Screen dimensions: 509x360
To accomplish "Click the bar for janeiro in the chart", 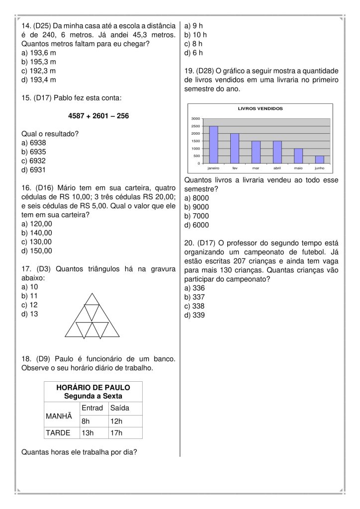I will (213, 145).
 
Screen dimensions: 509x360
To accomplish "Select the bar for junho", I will (319, 160).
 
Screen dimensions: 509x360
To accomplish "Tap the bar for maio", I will (298, 156).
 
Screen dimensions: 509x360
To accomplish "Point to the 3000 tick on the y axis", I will (195, 119).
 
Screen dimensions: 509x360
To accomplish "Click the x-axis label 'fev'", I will (235, 169).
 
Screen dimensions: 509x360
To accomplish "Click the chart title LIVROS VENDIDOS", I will (260, 108).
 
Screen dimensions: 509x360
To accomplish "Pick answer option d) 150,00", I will (37, 251).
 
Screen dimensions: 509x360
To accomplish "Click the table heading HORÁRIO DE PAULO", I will (93, 387).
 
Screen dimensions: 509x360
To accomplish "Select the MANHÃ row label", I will (59, 415).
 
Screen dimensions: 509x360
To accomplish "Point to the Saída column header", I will (120, 408).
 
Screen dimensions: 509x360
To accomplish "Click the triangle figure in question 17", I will (92, 317).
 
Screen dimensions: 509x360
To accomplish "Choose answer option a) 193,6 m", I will (39, 53).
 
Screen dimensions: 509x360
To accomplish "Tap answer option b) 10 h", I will (195, 35).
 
